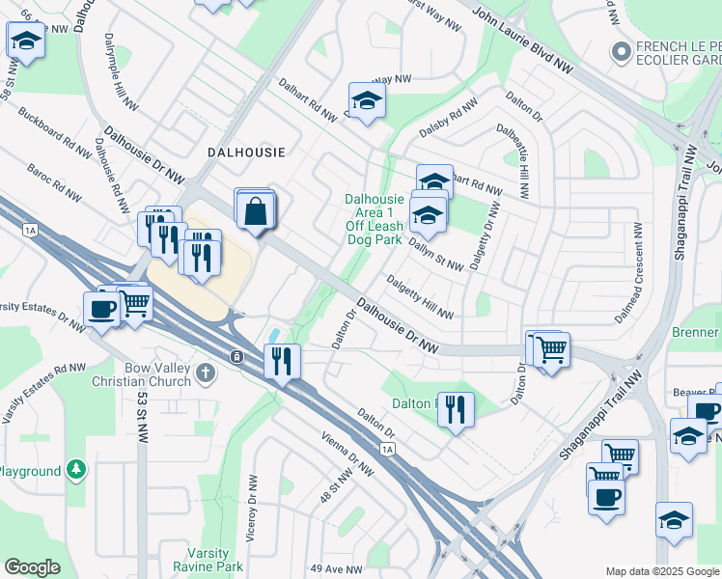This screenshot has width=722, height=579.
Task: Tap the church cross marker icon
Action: [x=205, y=372]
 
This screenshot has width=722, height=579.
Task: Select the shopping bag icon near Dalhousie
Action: [x=254, y=211]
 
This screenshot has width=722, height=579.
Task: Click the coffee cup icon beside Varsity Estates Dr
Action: [x=101, y=310]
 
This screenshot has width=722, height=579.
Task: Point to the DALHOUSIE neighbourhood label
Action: [x=246, y=152]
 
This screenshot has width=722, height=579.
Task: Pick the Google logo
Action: [x=32, y=566]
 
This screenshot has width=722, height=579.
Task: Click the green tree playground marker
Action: [x=76, y=471]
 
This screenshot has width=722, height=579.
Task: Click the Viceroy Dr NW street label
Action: [x=250, y=521]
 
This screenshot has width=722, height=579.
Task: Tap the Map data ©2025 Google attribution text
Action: [x=661, y=571]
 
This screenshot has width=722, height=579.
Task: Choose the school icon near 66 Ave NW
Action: [x=25, y=41]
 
